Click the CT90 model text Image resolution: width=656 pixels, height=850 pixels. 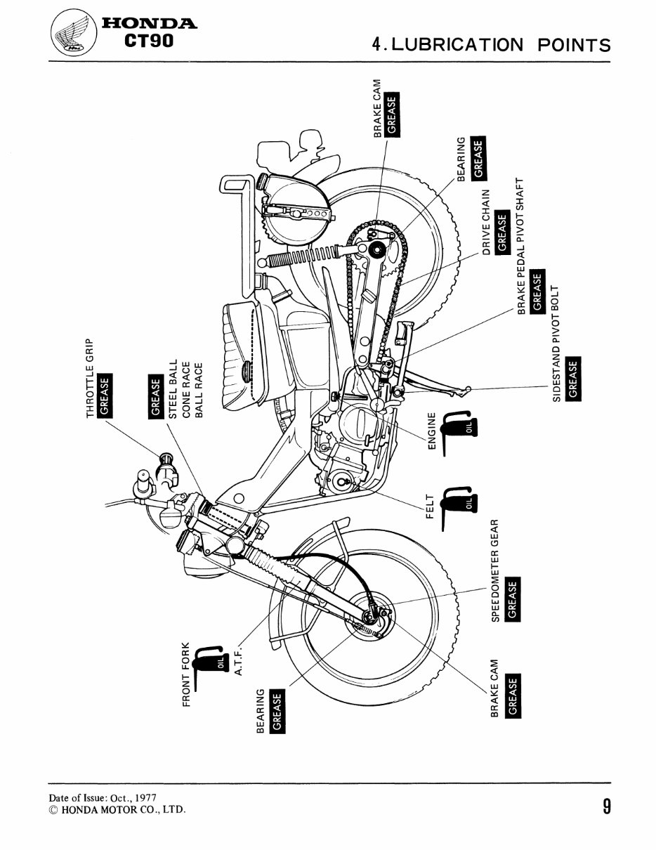point(147,41)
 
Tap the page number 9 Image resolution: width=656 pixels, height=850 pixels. point(605,805)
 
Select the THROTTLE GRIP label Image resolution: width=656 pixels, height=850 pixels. point(90,379)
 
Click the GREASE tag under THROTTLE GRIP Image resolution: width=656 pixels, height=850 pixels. point(105,397)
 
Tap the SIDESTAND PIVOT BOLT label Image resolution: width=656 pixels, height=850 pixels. point(557,345)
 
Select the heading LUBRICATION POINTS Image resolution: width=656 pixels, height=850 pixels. point(491,44)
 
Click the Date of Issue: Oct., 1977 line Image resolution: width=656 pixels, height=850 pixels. point(103,799)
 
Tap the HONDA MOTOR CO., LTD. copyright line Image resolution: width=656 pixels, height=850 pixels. point(118,810)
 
